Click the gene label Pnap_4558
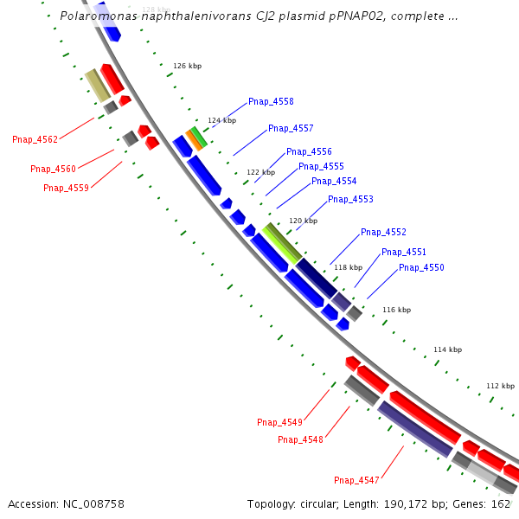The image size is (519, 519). [271, 102]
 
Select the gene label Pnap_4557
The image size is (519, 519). [291, 129]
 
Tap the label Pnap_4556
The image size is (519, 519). [309, 152]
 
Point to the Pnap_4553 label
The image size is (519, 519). [350, 200]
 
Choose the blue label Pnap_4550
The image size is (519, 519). [421, 268]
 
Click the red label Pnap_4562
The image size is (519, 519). [35, 140]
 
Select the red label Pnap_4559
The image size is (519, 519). [67, 188]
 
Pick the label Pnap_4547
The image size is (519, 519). [356, 480]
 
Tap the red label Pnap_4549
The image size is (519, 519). [279, 423]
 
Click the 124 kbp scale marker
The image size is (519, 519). [221, 121]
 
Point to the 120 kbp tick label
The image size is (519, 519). [303, 221]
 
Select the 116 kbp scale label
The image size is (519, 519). [396, 310]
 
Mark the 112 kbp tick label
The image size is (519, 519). [500, 386]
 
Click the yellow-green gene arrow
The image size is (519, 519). [282, 243]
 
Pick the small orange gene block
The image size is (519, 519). [194, 139]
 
